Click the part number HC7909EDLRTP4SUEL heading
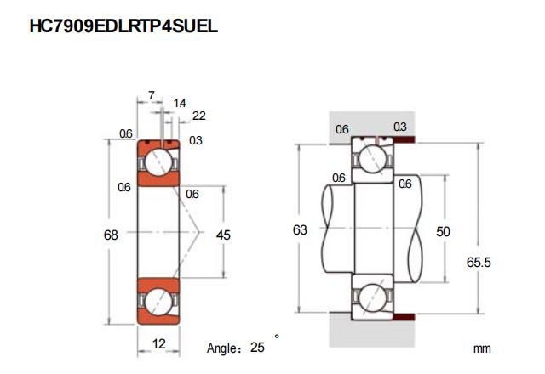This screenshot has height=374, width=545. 124,25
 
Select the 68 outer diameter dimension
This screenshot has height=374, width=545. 111,235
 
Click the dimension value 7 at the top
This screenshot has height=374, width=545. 152,96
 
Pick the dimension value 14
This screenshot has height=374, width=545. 180,103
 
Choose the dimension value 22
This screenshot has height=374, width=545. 198,116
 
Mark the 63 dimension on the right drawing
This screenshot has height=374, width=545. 300,229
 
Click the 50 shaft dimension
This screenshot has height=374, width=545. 443,230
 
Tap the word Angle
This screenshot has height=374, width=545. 225,348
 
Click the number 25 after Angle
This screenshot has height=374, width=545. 259,348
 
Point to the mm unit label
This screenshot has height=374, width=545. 483,348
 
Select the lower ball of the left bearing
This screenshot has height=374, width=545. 159,301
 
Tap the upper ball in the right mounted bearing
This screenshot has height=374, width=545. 373,158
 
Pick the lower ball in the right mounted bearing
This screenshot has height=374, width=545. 373,299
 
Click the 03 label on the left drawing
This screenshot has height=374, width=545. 196,140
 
